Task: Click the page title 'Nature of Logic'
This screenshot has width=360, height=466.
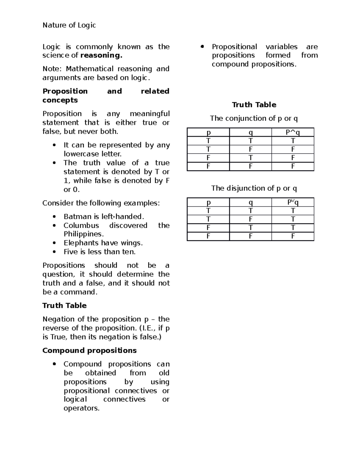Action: coord(69,25)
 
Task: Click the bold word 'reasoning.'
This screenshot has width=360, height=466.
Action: coord(101,56)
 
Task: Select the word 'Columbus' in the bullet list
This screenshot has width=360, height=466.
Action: coord(81,226)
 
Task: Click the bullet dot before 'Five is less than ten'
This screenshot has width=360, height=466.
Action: coord(54,252)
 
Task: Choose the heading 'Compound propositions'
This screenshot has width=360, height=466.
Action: coord(89,351)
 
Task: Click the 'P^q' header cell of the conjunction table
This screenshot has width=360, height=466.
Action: coord(293,132)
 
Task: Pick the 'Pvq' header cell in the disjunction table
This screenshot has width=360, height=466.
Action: coord(293,203)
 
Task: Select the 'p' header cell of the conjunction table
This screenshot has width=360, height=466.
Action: coord(208,132)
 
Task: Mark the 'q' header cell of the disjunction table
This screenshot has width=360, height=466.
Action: coord(250,203)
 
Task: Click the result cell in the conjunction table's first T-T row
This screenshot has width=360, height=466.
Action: coord(293,141)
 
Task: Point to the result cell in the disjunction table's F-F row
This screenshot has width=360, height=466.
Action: coord(293,236)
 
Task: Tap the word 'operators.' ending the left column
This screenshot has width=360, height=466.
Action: coord(81,408)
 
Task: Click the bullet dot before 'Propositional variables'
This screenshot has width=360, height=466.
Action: coord(202,47)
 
